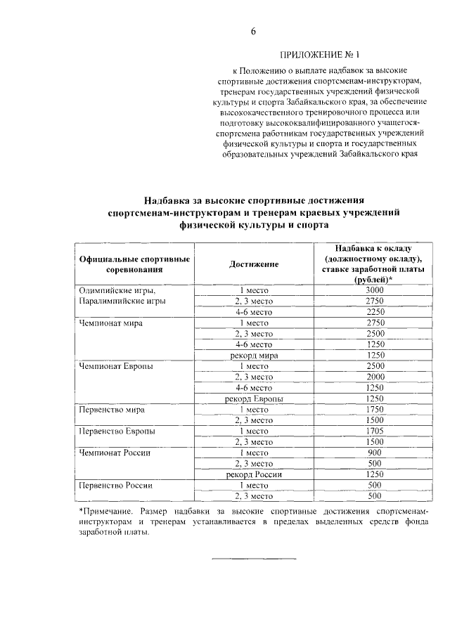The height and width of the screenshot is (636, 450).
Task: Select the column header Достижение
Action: (x=254, y=264)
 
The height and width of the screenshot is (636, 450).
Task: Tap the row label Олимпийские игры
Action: (x=117, y=290)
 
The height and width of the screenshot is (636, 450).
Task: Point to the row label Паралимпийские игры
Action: (x=122, y=301)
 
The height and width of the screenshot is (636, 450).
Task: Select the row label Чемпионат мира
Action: (x=111, y=323)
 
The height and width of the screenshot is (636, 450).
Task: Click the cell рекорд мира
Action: (x=254, y=356)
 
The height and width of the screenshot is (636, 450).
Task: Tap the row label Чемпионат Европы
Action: (x=116, y=366)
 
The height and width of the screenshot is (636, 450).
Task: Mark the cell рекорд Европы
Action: (x=254, y=398)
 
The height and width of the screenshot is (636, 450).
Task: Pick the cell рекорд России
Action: (x=254, y=474)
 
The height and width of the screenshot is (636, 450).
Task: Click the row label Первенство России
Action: (x=116, y=485)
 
